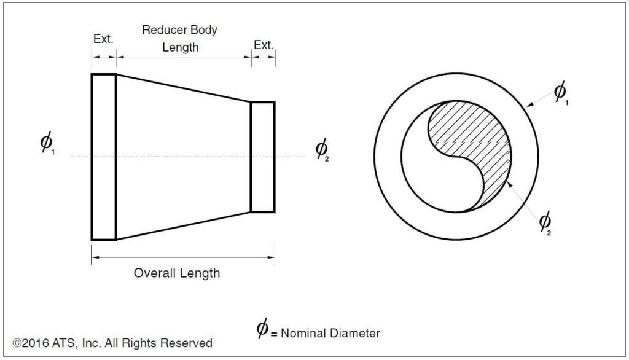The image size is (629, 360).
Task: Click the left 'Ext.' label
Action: pos(103,39)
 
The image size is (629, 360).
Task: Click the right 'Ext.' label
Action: pos(264,45)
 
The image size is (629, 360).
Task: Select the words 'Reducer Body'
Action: pos(180,29)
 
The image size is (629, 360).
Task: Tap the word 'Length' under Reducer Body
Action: pos(180,47)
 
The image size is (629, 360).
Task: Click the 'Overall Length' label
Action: pos(177,273)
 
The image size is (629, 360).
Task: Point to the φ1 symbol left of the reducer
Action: pos(47,143)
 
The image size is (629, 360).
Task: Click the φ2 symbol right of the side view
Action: pos(322,149)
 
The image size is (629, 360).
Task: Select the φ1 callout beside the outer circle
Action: pos(561,93)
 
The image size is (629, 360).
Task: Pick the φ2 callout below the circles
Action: pos(545,222)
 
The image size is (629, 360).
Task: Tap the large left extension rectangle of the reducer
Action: pos(103,157)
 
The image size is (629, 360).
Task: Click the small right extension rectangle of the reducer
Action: pos(262,157)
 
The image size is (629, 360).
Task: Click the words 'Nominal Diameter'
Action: pos(330,334)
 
